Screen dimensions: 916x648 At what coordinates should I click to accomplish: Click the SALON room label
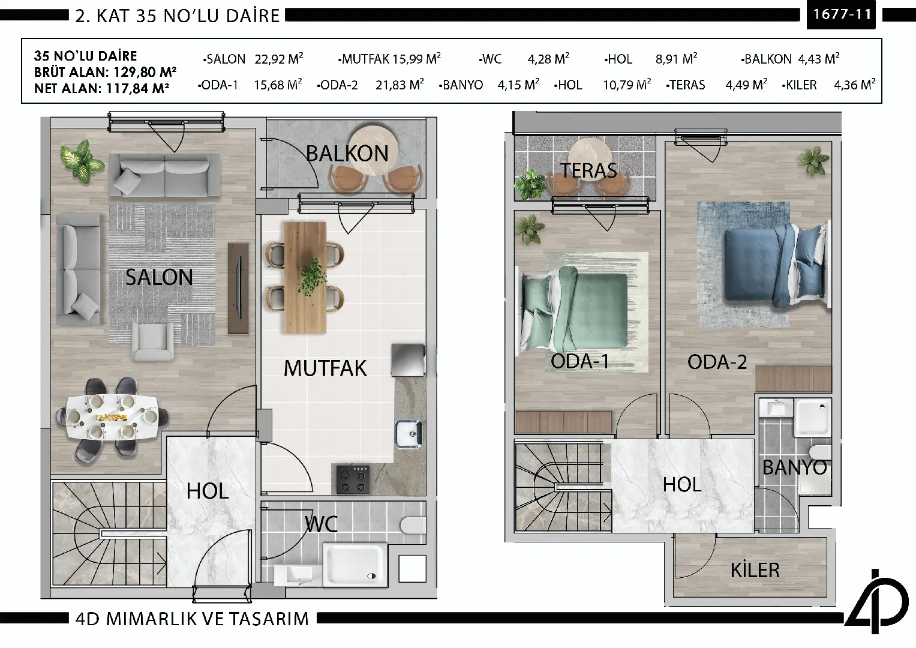pyautogui.click(x=159, y=277)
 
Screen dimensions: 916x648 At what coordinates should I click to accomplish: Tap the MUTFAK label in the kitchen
pyautogui.click(x=326, y=368)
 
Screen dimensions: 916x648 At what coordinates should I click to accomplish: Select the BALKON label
pyautogui.click(x=347, y=154)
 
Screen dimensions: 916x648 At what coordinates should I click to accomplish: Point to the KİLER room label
pyautogui.click(x=755, y=569)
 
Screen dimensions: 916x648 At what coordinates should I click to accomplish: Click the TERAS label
pyautogui.click(x=588, y=170)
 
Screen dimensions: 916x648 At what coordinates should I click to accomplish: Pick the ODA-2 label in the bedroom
pyautogui.click(x=717, y=362)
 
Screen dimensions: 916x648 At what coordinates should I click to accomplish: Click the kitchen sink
pyautogui.click(x=409, y=434)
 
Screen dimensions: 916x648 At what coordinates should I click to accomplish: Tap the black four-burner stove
pyautogui.click(x=353, y=479)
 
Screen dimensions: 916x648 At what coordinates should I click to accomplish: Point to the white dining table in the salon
pyautogui.click(x=112, y=417)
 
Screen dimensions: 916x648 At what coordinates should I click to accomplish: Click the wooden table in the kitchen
pyautogui.click(x=305, y=277)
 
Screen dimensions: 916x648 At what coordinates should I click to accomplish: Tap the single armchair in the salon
pyautogui.click(x=152, y=341)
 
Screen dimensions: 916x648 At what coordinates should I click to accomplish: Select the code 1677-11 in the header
pyautogui.click(x=842, y=15)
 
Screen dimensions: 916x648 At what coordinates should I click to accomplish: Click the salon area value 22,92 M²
pyautogui.click(x=279, y=59)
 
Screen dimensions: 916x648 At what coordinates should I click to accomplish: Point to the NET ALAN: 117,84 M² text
pyautogui.click(x=102, y=88)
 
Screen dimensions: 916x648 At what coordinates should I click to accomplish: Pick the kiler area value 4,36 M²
pyautogui.click(x=855, y=85)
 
